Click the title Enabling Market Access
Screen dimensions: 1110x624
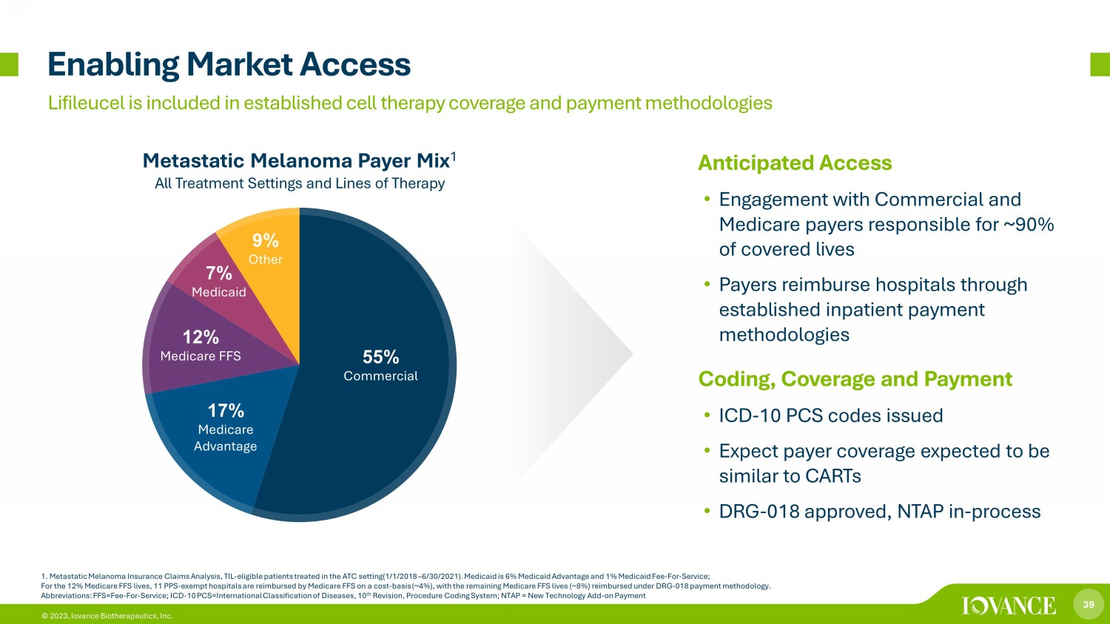(x=229, y=65)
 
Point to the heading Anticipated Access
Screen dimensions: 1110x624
(x=795, y=163)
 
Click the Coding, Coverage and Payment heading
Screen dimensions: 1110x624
(x=855, y=379)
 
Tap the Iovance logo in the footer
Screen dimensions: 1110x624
(x=1009, y=606)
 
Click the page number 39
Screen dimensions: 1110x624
(x=1089, y=604)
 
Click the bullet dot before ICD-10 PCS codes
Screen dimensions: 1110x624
(x=707, y=416)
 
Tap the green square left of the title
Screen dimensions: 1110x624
(x=9, y=64)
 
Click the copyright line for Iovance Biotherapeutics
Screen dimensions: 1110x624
(x=107, y=616)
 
